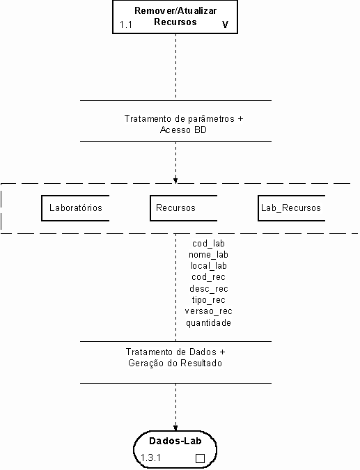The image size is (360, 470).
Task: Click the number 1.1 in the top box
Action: point(126,24)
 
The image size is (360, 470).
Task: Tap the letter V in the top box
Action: point(225,24)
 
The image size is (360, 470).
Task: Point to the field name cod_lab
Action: point(209,244)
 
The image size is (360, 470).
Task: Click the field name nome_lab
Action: point(209,255)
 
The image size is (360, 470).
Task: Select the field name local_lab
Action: point(209,266)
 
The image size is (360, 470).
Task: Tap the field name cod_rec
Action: point(209,277)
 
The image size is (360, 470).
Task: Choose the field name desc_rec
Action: point(209,289)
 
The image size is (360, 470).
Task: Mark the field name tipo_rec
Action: point(209,299)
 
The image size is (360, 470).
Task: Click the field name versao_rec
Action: point(209,311)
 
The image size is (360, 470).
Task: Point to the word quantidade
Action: point(209,323)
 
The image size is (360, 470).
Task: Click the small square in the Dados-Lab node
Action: point(200,458)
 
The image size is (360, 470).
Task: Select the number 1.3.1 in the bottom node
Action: point(151,457)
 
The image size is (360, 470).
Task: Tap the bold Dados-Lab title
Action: point(175,441)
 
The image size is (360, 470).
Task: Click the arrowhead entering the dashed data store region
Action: point(175,181)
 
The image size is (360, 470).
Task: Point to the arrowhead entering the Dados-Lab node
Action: point(175,428)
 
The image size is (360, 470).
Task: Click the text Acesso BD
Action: point(183,130)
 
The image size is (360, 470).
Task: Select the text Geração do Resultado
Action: point(175,363)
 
